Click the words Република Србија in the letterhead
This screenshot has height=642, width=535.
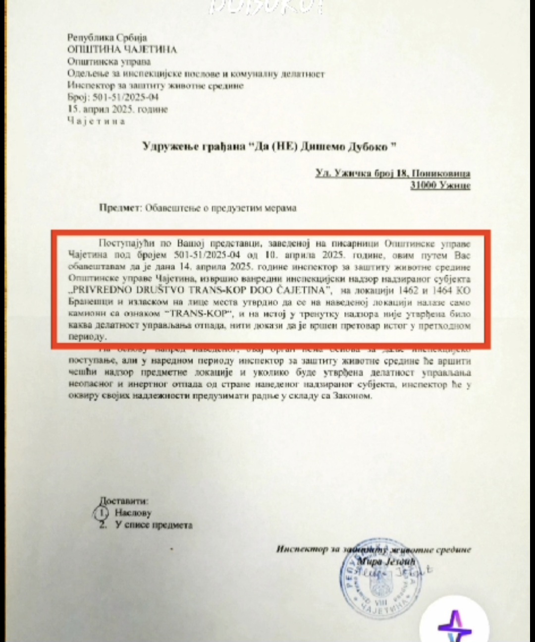[107, 38]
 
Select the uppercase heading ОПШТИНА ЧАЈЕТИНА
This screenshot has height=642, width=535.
[122, 50]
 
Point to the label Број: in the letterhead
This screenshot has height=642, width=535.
[77, 97]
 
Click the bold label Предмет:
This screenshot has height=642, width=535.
[120, 208]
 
